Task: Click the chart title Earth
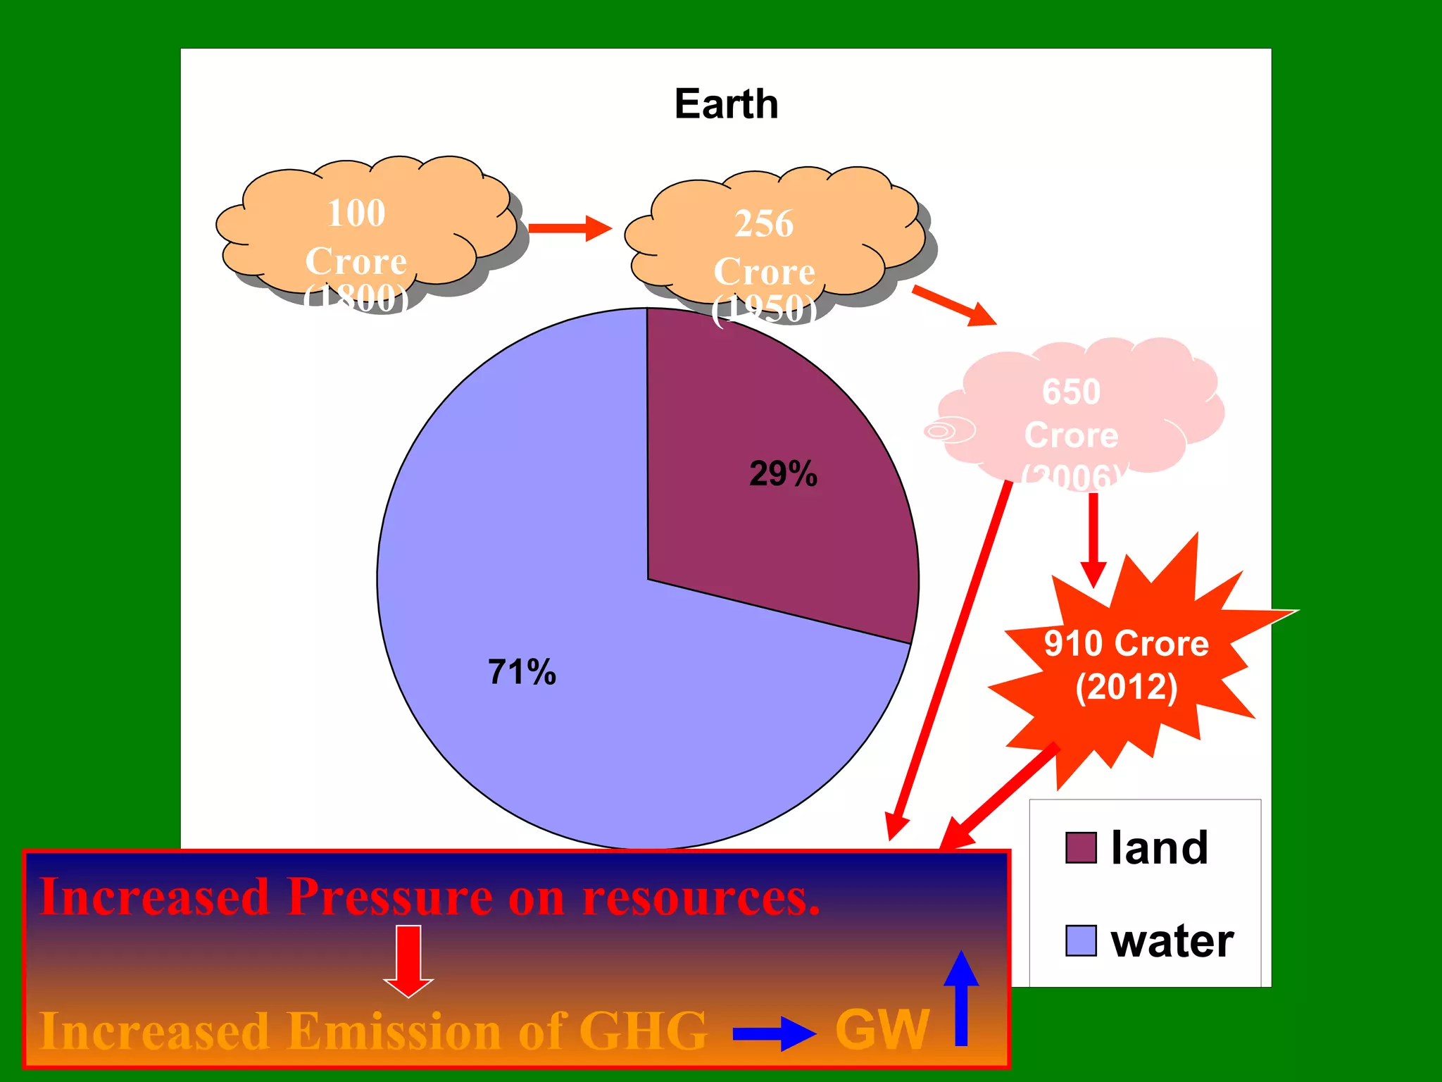(x=726, y=104)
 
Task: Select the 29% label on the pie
(x=783, y=473)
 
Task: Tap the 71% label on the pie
(x=522, y=672)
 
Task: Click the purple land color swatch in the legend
(x=1081, y=847)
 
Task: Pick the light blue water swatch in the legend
(x=1081, y=940)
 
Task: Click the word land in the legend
(x=1159, y=847)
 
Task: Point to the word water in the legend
(x=1172, y=941)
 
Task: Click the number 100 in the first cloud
(x=356, y=213)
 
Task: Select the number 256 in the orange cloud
(x=764, y=223)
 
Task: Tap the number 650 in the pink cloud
(x=1071, y=392)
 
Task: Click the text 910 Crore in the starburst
(x=1126, y=643)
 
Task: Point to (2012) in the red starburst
(x=1126, y=687)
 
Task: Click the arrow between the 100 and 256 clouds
(x=570, y=228)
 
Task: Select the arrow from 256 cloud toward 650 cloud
(x=954, y=306)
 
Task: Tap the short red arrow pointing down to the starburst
(x=1093, y=540)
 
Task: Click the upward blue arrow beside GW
(x=961, y=997)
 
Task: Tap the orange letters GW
(x=882, y=1030)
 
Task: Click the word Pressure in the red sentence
(x=389, y=897)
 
